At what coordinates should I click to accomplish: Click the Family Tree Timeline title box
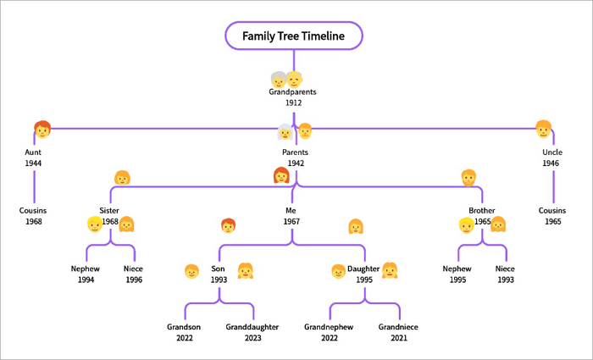pos(293,36)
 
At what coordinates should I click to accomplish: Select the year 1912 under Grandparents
pos(294,102)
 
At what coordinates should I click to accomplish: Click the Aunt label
pos(33,152)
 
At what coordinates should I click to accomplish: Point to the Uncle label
pos(552,152)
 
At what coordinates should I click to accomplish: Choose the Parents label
pos(295,152)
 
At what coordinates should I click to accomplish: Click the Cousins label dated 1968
pos(33,210)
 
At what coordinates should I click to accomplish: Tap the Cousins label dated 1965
pos(552,210)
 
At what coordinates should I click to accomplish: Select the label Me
pos(292,210)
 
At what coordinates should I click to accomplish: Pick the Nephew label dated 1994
pos(85,269)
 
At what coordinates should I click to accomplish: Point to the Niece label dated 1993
pos(506,269)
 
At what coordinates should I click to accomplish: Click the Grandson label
pos(184,327)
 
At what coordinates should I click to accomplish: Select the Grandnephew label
pos(329,327)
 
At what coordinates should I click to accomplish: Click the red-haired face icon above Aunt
pos(42,129)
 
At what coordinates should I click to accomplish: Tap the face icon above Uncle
pos(543,129)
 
